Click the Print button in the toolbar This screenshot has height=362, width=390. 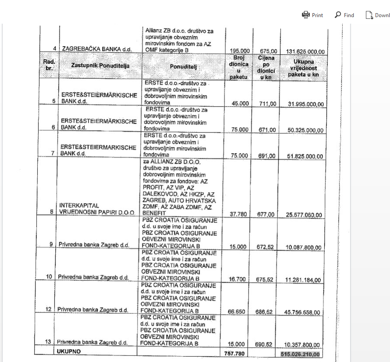click(x=312, y=15)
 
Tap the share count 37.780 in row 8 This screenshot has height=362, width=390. click(x=239, y=215)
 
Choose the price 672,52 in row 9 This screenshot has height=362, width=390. click(x=266, y=247)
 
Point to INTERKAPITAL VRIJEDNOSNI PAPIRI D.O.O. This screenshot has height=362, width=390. click(x=92, y=208)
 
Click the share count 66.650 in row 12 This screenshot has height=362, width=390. click(x=239, y=312)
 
